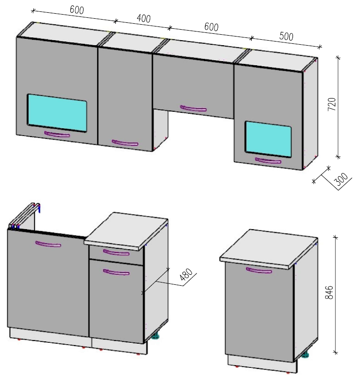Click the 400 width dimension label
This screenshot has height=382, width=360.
click(144, 19)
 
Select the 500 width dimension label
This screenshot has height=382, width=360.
click(286, 37)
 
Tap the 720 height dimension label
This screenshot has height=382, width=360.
click(332, 104)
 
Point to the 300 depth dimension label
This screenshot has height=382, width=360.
click(341, 179)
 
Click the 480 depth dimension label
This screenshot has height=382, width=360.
click(186, 275)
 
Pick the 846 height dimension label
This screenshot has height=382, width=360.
click(329, 293)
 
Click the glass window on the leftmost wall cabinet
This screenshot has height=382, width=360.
click(57, 113)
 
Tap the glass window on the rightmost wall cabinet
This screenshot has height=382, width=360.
click(268, 139)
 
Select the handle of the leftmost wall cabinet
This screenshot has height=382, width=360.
click(57, 134)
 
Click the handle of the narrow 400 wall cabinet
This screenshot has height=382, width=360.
click(125, 143)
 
